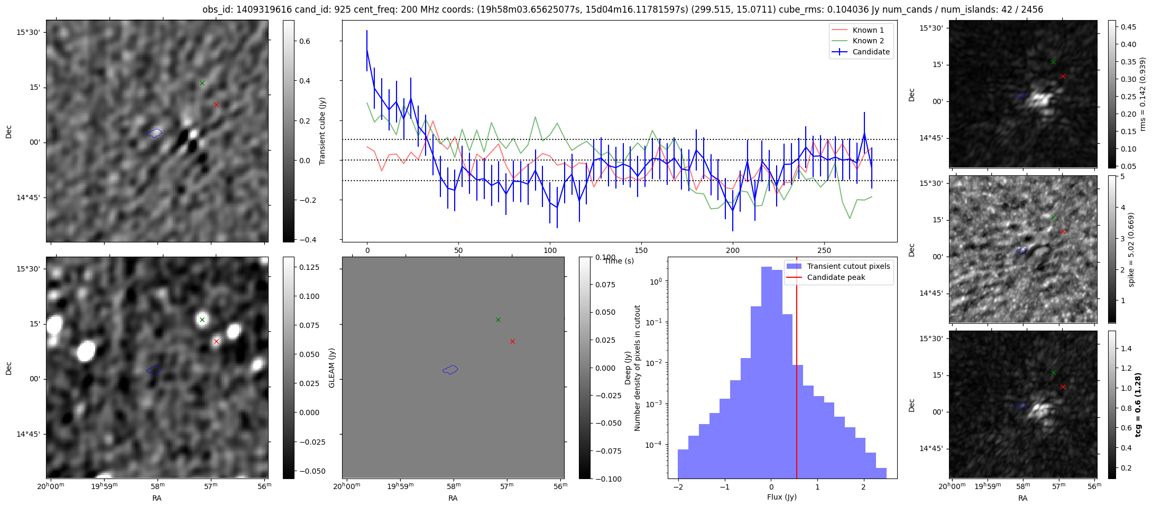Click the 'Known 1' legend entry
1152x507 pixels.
point(868,30)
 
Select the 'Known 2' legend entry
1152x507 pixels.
point(868,41)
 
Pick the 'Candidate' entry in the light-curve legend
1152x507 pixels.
point(871,52)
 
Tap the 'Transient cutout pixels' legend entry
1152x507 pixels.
point(848,266)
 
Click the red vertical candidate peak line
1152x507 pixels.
point(797,370)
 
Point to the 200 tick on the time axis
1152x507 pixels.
point(733,250)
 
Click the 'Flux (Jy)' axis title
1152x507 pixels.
point(782,497)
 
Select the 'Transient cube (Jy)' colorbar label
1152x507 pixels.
point(322,131)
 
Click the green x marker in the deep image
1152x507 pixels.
point(202,320)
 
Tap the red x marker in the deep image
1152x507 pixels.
point(216,341)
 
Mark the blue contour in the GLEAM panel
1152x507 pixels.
point(450,370)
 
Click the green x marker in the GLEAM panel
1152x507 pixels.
point(498,320)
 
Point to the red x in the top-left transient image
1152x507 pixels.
point(216,105)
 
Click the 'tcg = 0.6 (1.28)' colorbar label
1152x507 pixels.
point(1138,405)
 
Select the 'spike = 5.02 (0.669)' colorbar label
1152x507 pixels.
point(1131,249)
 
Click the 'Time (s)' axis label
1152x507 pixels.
point(619,261)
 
